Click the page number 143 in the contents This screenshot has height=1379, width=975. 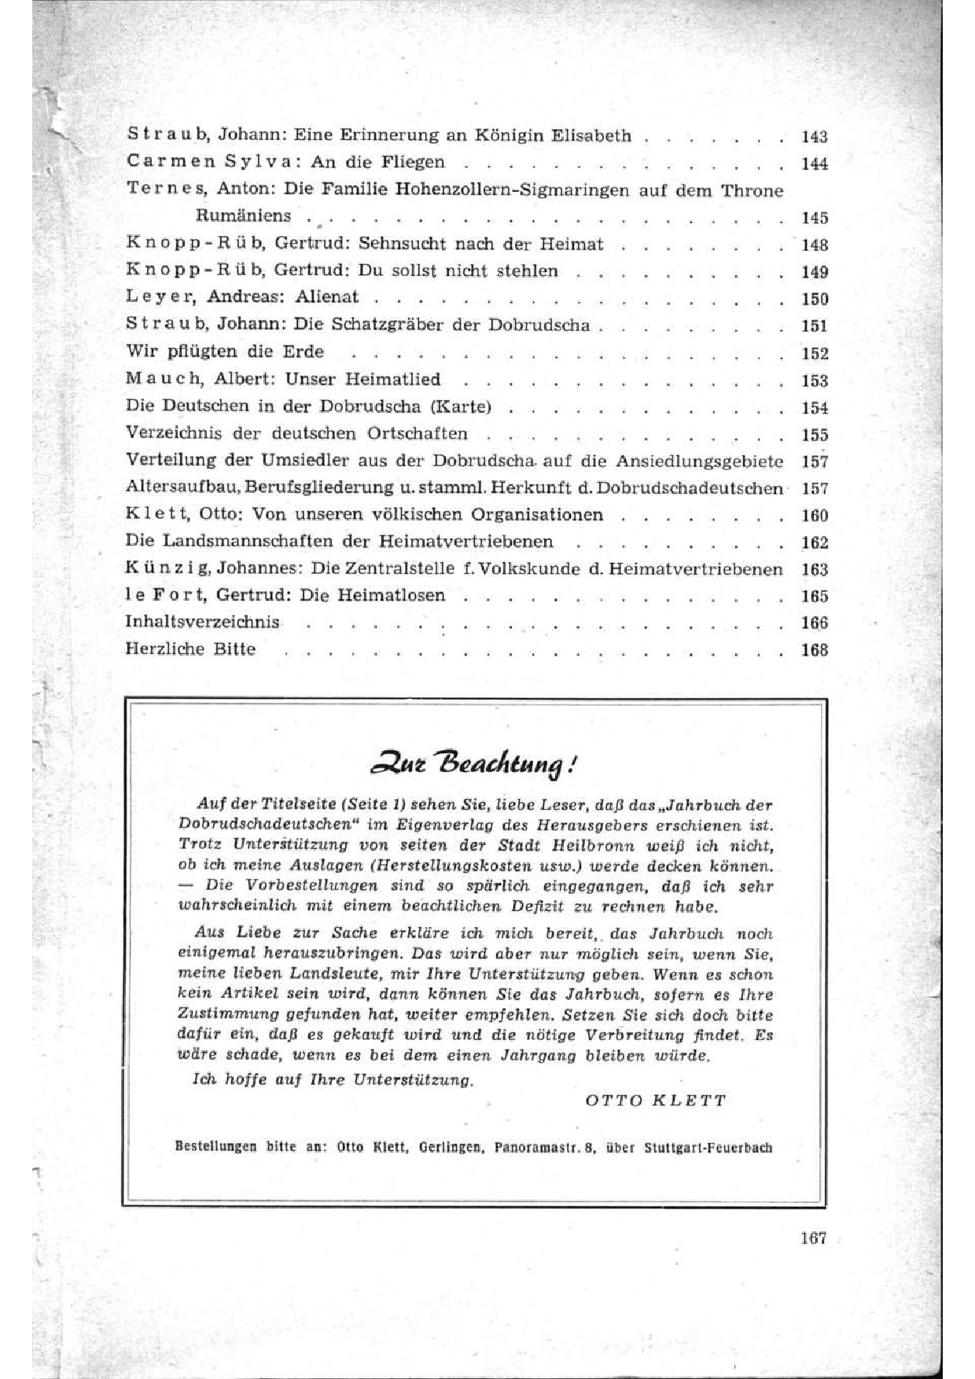(x=814, y=138)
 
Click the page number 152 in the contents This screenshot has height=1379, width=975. (x=814, y=354)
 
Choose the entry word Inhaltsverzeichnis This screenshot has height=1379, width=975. (x=202, y=622)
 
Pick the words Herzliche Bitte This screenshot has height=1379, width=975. (x=190, y=649)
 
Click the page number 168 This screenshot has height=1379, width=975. (x=814, y=650)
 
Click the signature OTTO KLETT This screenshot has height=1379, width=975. (x=656, y=1101)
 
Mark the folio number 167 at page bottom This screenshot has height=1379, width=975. (x=813, y=1238)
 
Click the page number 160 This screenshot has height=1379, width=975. (x=814, y=516)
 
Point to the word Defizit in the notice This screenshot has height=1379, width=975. (x=540, y=906)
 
